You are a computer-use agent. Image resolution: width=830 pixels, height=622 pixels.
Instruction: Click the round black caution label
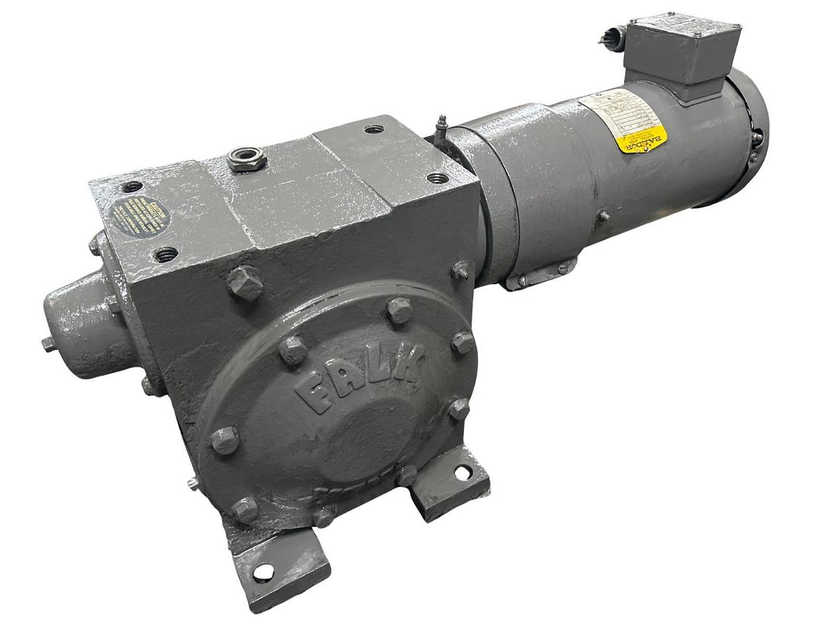tap(140, 217)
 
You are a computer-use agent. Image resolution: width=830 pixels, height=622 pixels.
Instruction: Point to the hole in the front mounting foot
tap(263, 572)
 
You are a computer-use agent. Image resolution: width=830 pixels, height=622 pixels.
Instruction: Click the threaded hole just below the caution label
tap(166, 255)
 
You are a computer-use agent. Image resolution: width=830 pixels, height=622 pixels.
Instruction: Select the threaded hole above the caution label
tap(131, 186)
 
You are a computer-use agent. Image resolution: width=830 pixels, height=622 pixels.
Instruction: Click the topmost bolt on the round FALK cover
tap(400, 309)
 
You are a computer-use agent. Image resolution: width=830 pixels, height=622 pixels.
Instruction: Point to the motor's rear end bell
tap(750, 135)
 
